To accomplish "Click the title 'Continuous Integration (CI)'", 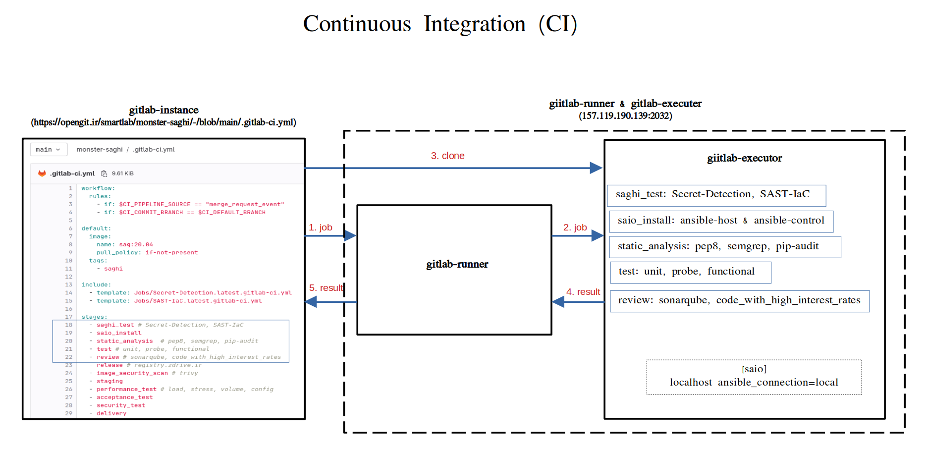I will (440, 24).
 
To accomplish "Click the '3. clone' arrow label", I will (447, 156).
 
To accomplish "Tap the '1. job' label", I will (320, 227).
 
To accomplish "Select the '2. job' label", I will (575, 227).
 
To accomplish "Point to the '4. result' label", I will (583, 292).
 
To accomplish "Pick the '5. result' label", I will (326, 288).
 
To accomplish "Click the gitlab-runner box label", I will (457, 264).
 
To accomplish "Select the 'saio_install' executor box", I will (721, 221).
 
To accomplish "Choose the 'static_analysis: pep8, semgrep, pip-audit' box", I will (724, 247).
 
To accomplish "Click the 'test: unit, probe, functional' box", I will (690, 272).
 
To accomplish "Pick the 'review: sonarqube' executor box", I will (739, 301).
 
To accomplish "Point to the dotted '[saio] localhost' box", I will (754, 377).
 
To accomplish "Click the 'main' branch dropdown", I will (48, 149).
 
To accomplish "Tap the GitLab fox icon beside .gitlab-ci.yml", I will (42, 173).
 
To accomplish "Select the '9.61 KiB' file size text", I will (122, 173).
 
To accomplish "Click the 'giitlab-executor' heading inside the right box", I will (744, 158).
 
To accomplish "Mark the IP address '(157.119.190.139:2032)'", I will (625, 115).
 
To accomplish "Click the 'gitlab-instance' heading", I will (163, 110).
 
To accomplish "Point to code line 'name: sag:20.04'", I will (124, 244).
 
